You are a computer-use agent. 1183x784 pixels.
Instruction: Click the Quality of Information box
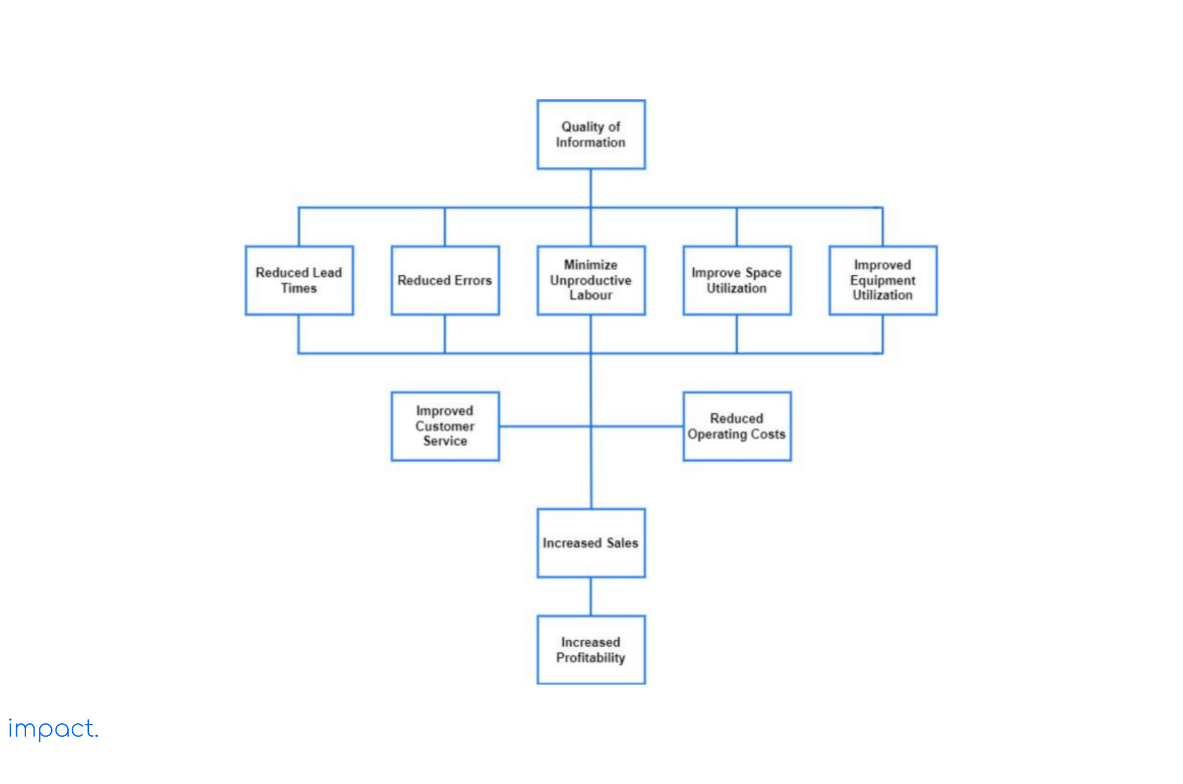(590, 135)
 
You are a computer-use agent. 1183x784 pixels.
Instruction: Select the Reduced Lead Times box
(299, 280)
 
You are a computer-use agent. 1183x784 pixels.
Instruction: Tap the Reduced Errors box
(445, 280)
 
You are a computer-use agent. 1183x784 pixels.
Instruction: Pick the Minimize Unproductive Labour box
(590, 280)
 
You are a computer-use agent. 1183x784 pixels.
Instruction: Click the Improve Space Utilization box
(736, 280)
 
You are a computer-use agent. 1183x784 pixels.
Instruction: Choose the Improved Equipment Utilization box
(883, 280)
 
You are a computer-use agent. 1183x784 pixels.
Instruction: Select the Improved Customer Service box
(445, 426)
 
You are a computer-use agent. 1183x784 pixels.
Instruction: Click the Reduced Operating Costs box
(736, 426)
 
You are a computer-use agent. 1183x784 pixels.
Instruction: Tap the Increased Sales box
(590, 543)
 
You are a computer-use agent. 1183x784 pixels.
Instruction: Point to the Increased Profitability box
(590, 649)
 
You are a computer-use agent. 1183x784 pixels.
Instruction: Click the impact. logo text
(53, 729)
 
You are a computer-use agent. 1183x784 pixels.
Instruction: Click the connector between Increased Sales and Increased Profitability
(590, 596)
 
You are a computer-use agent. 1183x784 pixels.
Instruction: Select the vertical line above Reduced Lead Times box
(299, 227)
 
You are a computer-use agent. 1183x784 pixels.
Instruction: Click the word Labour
(590, 295)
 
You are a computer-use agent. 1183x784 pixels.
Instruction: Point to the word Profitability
(590, 658)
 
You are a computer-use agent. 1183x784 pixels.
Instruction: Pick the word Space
(763, 272)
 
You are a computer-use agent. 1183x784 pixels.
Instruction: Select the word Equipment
(883, 281)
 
